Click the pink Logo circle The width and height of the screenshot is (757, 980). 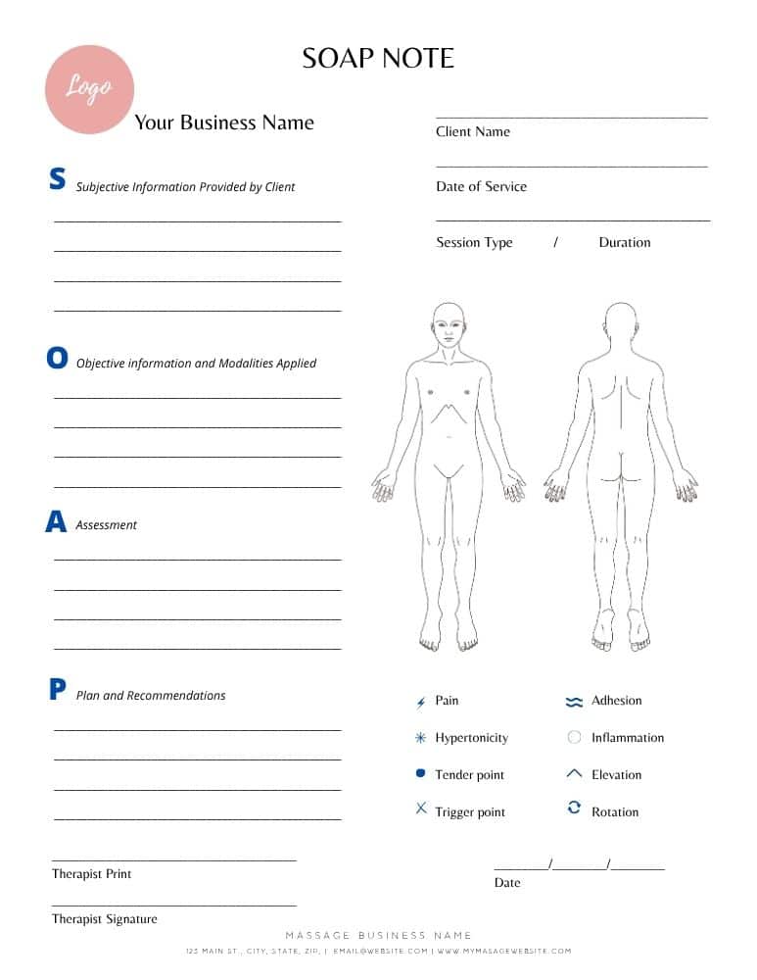(x=89, y=89)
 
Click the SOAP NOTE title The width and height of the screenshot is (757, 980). (x=378, y=58)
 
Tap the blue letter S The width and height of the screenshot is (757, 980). (x=58, y=178)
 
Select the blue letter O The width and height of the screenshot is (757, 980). (x=58, y=359)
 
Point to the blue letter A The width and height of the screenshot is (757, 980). (x=56, y=522)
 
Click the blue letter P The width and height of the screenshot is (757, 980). (x=58, y=690)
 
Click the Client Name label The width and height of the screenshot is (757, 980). (x=473, y=131)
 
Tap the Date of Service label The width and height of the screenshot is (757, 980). (x=481, y=186)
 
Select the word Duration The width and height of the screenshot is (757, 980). (x=624, y=242)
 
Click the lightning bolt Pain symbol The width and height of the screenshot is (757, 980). (x=421, y=702)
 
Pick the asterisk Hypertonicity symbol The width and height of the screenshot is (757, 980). (x=421, y=738)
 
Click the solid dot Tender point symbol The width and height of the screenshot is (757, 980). (x=421, y=773)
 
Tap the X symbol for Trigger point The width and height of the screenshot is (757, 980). (x=421, y=808)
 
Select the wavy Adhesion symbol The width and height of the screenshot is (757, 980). (x=574, y=702)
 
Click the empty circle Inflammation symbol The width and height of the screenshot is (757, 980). (x=575, y=737)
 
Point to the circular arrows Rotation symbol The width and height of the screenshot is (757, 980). (x=575, y=808)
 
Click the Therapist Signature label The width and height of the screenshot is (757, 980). (x=105, y=919)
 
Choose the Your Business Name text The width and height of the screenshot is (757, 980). (x=224, y=122)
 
